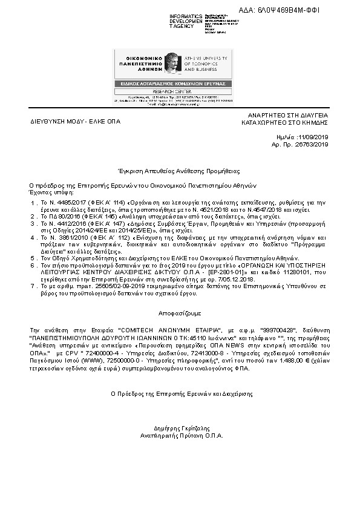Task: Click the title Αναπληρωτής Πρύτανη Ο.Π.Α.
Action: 180,435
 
